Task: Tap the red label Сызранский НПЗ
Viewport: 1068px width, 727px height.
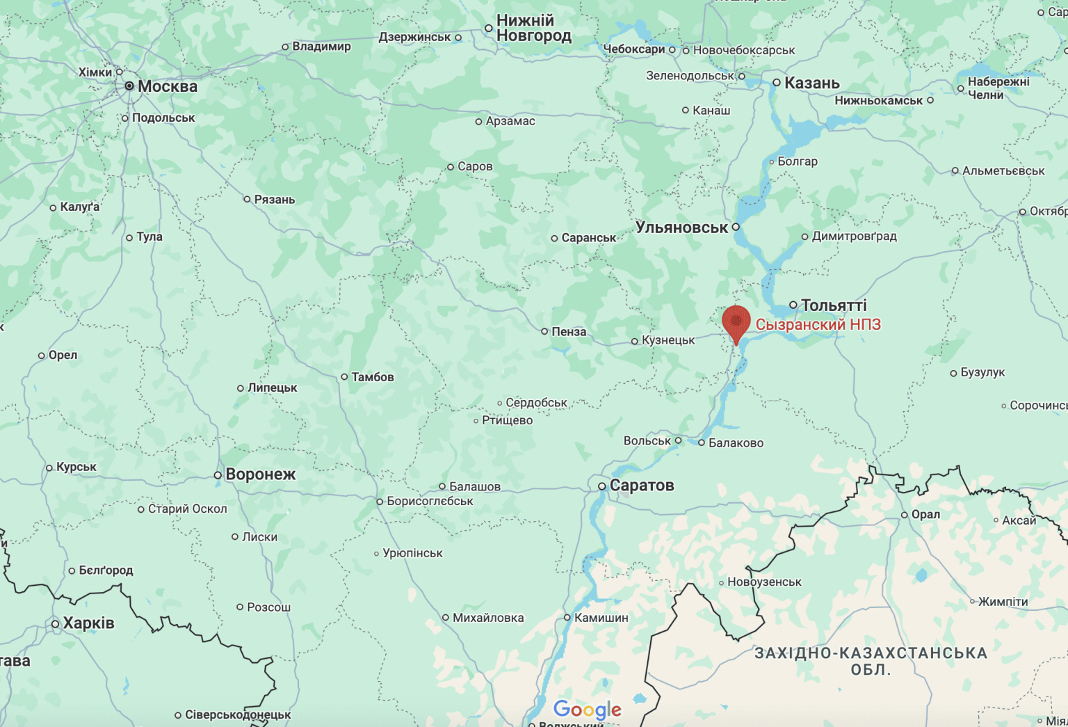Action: click(818, 324)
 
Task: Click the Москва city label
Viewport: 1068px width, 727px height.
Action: click(168, 86)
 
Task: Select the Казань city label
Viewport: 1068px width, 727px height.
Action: click(811, 83)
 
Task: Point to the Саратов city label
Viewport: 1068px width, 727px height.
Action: click(641, 485)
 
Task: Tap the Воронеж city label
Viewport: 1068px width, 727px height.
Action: click(260, 474)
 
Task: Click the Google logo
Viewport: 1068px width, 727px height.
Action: click(588, 710)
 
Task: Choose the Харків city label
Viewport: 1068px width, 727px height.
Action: click(88, 623)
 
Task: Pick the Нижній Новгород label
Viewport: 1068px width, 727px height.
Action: click(533, 29)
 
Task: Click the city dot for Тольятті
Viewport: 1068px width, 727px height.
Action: click(793, 305)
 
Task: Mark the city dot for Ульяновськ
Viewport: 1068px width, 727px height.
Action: click(736, 227)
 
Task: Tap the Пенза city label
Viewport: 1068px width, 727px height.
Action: click(569, 332)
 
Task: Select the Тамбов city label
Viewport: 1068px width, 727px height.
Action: click(372, 377)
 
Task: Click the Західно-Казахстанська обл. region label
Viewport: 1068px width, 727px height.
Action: click(871, 661)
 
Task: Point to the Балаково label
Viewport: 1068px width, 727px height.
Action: click(736, 443)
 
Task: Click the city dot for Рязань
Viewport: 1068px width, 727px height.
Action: click(247, 199)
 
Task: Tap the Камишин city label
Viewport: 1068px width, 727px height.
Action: click(601, 618)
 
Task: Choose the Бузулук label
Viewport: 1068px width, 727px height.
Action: click(982, 372)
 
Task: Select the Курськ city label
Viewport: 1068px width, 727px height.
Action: click(76, 467)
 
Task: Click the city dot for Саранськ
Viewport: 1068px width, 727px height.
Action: click(554, 238)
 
